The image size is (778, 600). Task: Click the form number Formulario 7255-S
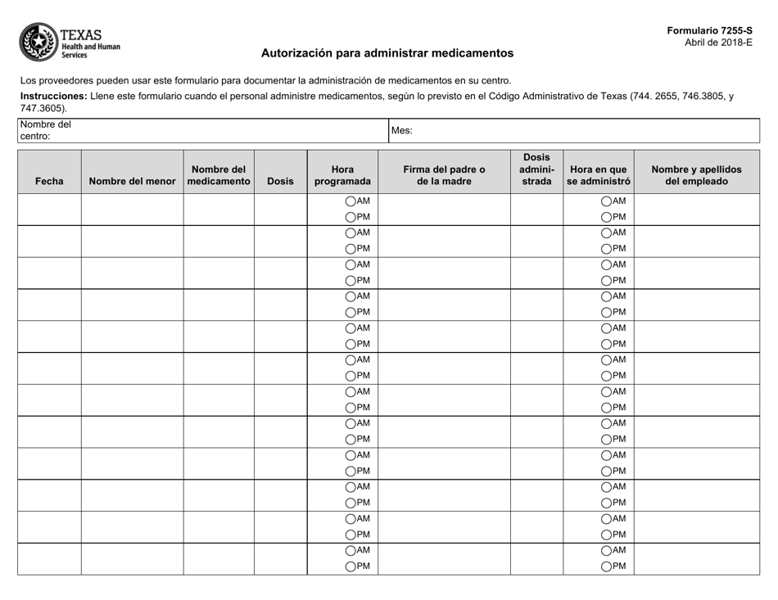pyautogui.click(x=709, y=30)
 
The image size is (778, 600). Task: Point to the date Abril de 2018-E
pyautogui.click(x=718, y=43)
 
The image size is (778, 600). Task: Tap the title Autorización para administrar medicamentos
pyautogui.click(x=387, y=53)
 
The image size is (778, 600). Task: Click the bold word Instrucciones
pyautogui.click(x=53, y=96)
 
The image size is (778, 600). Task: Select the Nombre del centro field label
pyautogui.click(x=46, y=130)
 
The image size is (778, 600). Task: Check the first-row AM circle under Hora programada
pyautogui.click(x=351, y=201)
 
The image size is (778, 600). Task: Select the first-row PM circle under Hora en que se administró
pyautogui.click(x=607, y=217)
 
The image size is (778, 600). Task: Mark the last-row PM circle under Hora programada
pyautogui.click(x=351, y=566)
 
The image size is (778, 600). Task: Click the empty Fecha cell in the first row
pyautogui.click(x=49, y=210)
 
